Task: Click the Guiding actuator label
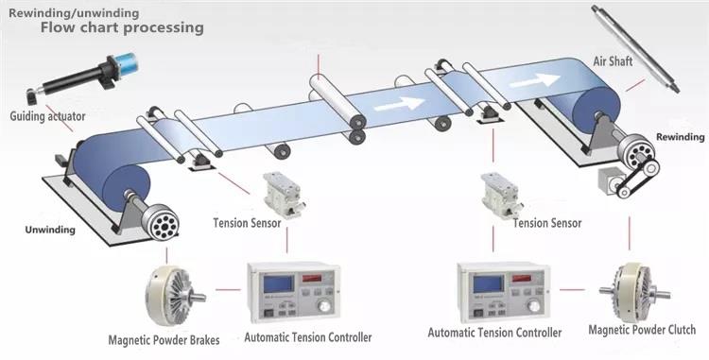(47, 116)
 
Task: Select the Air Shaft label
(613, 61)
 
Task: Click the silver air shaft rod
(635, 48)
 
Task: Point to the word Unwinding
(50, 230)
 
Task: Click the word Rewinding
(680, 137)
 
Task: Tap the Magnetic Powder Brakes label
(164, 339)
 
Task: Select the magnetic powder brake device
(173, 296)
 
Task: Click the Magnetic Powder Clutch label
(642, 330)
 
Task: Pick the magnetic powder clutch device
(633, 293)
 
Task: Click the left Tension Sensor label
(247, 223)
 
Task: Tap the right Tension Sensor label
(547, 223)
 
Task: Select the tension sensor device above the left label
(285, 195)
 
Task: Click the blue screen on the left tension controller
(278, 284)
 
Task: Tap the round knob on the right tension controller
(535, 305)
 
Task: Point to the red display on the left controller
(312, 278)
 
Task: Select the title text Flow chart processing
(122, 27)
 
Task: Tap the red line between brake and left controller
(228, 289)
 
